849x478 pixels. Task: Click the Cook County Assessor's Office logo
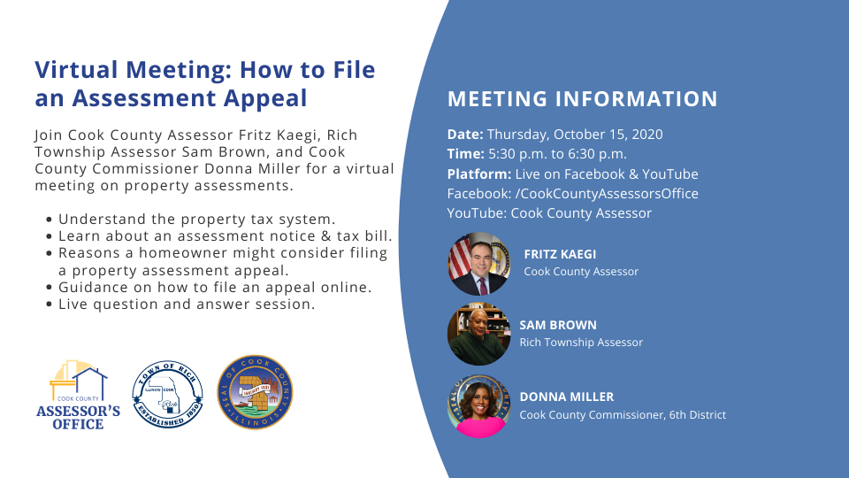(x=78, y=395)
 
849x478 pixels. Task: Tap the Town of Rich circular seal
(x=167, y=394)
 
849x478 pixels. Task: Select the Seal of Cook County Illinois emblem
(x=255, y=392)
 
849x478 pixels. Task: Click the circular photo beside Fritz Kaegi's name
(x=478, y=264)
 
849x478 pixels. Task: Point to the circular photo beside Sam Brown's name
(x=478, y=334)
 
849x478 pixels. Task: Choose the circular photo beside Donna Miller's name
(x=478, y=406)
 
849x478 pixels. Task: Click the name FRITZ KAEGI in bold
(x=560, y=254)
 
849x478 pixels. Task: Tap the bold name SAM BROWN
(x=558, y=325)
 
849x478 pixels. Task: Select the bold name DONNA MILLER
(x=567, y=397)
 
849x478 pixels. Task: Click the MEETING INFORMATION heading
(x=583, y=99)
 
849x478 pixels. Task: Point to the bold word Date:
(x=465, y=135)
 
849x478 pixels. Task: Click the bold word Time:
(x=466, y=154)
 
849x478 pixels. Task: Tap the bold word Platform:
(x=479, y=174)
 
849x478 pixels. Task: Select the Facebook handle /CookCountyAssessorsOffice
(x=607, y=194)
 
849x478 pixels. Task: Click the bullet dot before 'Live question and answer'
(x=50, y=305)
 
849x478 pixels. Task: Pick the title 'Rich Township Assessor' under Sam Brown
(x=581, y=343)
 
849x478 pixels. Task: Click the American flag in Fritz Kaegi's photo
(x=458, y=257)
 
